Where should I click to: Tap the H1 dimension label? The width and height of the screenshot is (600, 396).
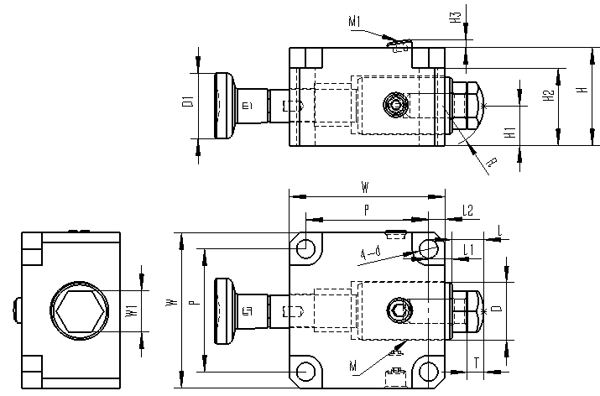click(x=509, y=132)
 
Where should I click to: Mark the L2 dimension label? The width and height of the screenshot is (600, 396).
click(x=467, y=211)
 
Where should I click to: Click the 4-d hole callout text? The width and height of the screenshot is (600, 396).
click(x=370, y=253)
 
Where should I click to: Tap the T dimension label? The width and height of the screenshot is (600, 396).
click(x=476, y=362)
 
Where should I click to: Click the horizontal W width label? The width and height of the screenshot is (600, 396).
click(x=364, y=186)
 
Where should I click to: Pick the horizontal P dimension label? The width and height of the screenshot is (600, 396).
click(x=366, y=207)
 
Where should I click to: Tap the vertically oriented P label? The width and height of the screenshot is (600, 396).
click(x=193, y=307)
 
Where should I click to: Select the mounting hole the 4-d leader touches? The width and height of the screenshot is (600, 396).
click(x=429, y=249)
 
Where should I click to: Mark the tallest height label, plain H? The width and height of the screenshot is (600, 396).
click(x=581, y=90)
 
